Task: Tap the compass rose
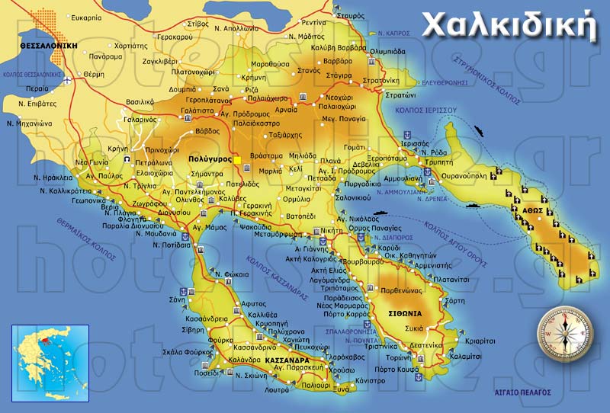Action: (564, 329)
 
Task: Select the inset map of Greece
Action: (50, 363)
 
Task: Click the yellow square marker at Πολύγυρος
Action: (238, 160)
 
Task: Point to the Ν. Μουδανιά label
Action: (156, 234)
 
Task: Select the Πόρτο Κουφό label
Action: (395, 370)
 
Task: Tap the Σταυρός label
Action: (350, 15)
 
